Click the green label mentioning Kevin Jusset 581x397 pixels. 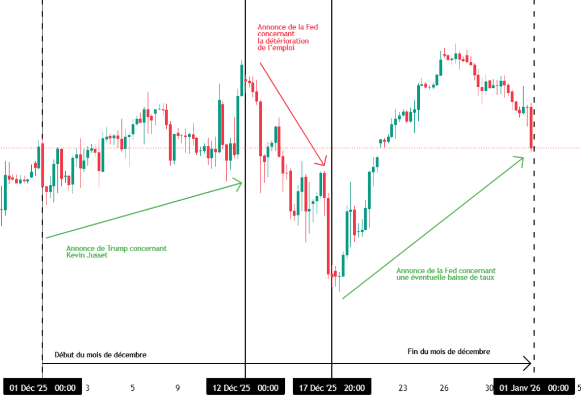116,252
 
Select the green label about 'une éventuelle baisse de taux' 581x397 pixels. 446,274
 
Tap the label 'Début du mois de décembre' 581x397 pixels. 100,355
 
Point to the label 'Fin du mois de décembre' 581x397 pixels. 448,352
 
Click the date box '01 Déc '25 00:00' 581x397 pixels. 42,388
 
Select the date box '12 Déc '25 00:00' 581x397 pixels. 245,388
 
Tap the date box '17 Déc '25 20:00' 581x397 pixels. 332,388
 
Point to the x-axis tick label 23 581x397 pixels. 403,388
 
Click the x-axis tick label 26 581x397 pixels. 444,388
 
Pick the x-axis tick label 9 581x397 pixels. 178,388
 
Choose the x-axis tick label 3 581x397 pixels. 87,388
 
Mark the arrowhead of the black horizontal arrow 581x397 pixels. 528,363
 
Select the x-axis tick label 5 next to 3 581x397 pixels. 132,388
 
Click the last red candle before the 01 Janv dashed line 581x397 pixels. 531,128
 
